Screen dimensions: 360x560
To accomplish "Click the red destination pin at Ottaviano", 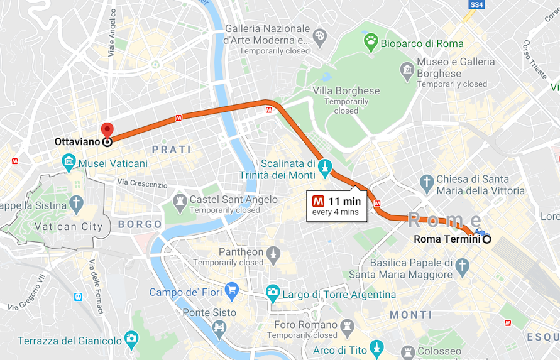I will point(107,130).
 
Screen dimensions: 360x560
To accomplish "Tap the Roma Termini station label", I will point(447,239).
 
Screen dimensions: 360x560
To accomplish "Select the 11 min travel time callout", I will point(337,206).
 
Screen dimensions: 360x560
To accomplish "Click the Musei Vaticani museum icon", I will point(69,163).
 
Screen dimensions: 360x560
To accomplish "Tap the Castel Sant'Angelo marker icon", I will point(180,200).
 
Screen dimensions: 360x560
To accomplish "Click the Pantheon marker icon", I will point(273,254).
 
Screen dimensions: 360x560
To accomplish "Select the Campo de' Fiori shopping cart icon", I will point(232,290).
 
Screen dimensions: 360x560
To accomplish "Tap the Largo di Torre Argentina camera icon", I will point(273,292).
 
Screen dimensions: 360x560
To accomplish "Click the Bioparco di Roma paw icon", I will point(371,42).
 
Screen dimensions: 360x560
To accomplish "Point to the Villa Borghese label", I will point(346,91).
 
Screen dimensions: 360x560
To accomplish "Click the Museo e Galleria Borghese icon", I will point(407,68).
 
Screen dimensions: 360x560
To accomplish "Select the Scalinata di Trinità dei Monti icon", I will point(325,167).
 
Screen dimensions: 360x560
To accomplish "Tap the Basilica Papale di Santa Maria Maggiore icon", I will point(463,266).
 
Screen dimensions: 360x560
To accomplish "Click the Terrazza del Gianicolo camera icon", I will point(131,339).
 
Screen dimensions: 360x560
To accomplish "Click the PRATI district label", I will point(172,150).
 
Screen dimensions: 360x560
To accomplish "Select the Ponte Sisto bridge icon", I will point(219,327).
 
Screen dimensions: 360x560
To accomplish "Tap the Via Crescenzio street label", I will point(142,185).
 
